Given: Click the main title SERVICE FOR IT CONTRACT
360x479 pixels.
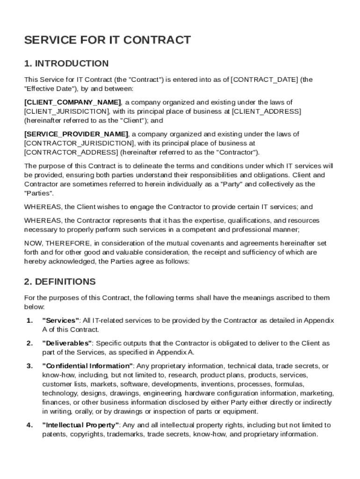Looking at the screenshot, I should [108, 40].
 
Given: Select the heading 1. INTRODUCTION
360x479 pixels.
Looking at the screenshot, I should [66, 64].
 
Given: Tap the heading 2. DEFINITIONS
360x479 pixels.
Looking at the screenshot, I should [60, 282].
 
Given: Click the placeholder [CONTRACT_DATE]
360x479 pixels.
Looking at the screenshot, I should [264, 80].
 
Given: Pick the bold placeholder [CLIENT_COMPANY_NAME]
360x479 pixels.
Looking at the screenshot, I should [72, 102].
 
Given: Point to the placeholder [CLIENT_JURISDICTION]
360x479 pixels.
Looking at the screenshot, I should [67, 111].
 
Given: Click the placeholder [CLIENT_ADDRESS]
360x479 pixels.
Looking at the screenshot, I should [266, 111].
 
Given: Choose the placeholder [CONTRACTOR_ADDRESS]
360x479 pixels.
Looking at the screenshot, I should [71, 152].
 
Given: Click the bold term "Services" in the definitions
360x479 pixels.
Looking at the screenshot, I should [61, 320].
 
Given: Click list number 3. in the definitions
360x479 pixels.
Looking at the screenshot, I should [29, 366].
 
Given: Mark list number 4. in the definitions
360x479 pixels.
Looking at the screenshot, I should [29, 425].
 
